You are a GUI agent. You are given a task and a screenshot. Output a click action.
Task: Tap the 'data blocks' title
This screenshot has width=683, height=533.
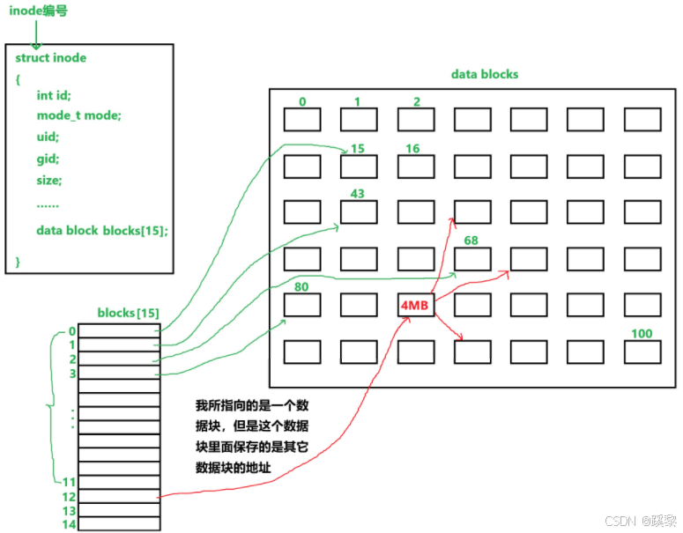(x=484, y=75)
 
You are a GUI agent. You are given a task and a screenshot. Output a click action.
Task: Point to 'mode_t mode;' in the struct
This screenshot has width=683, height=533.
(x=78, y=116)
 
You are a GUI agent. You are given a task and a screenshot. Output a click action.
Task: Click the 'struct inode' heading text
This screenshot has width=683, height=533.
(x=51, y=58)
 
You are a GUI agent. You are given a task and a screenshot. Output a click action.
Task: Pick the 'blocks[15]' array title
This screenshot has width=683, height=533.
(x=128, y=314)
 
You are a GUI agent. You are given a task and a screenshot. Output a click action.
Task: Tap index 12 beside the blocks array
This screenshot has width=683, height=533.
(x=70, y=498)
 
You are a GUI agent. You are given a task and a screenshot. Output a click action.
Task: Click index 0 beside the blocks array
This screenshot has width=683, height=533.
(x=72, y=331)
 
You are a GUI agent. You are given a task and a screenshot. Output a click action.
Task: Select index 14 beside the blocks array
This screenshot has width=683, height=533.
(x=70, y=524)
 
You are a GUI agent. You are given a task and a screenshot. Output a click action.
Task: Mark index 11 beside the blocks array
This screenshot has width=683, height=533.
(x=70, y=483)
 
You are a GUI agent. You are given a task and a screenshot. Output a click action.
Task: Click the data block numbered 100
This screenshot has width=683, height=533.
(x=641, y=352)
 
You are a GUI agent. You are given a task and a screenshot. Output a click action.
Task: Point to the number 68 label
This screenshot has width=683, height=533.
(x=471, y=241)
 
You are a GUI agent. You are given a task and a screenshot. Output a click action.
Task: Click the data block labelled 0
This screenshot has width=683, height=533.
(x=302, y=119)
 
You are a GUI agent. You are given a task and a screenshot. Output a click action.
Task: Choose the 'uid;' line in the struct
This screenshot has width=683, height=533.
(x=48, y=137)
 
